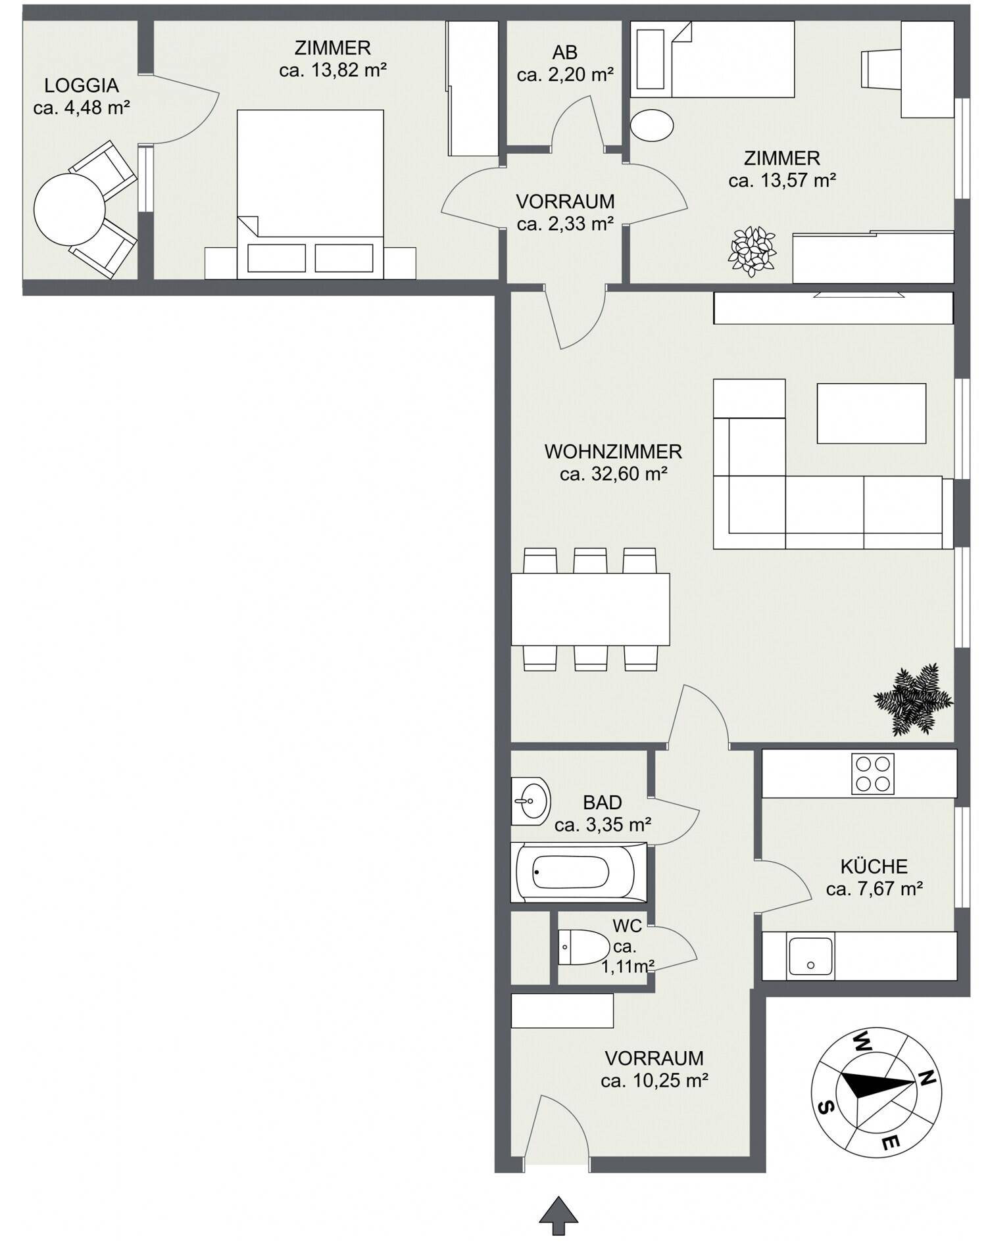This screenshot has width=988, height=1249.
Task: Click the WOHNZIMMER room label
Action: coord(613,452)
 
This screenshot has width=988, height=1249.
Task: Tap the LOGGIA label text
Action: coord(82,85)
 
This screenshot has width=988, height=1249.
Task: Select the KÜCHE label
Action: coord(874,866)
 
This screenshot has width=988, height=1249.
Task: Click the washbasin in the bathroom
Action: coord(531,801)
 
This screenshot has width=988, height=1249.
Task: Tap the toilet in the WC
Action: coord(584,947)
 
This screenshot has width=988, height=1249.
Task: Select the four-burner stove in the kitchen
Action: coord(873,773)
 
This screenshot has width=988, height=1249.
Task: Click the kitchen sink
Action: coord(810,956)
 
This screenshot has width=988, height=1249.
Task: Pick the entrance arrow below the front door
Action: coord(558,1215)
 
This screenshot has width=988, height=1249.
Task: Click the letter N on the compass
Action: coord(927,1077)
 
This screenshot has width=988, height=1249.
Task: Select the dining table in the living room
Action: coord(591,609)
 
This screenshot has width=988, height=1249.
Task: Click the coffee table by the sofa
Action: coord(872,413)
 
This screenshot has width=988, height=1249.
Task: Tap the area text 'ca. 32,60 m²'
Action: coord(613,474)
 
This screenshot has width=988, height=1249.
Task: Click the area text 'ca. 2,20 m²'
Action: coord(565,75)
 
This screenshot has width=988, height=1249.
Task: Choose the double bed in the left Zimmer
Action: coord(310,194)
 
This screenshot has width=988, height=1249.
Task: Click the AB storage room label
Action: coord(565,53)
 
